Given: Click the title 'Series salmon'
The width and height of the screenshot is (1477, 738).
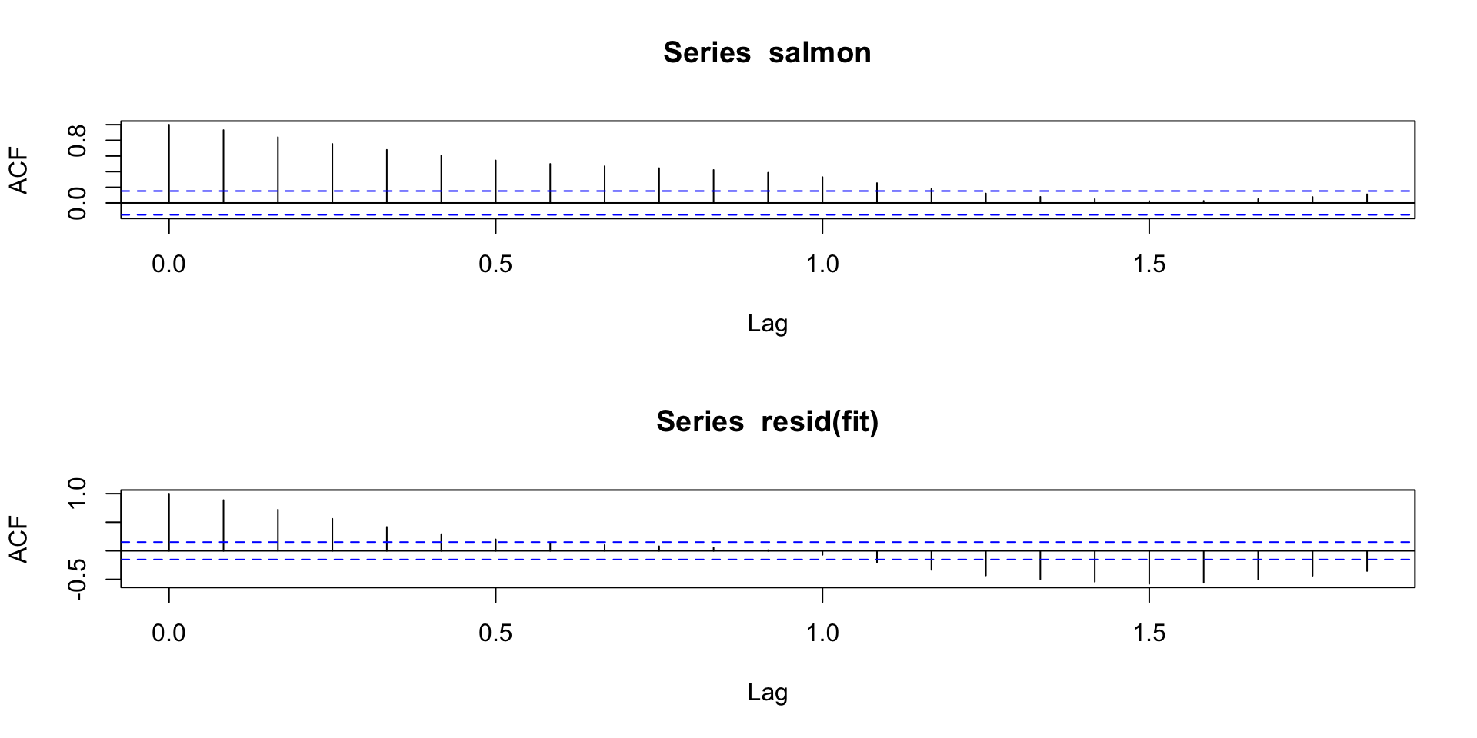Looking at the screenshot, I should [767, 53].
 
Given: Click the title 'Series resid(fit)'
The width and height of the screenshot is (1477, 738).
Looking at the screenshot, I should [767, 422].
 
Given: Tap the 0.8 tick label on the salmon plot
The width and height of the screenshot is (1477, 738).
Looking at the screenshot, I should [77, 140].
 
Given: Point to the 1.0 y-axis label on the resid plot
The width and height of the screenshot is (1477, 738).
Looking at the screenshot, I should [77, 493].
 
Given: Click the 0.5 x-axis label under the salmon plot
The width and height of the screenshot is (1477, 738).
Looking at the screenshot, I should [495, 265].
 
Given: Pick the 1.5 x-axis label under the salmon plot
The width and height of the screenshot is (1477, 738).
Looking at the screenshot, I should [1149, 265].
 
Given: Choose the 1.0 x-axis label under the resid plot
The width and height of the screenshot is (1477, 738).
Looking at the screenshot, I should [822, 633].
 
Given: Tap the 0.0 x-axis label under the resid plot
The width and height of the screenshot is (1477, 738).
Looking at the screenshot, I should [168, 633].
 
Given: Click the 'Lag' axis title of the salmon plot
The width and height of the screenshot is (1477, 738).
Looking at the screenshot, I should [767, 324].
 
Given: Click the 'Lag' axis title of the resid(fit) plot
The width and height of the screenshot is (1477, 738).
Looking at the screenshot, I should [767, 693].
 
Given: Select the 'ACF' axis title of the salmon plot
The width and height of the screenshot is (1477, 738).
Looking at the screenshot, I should [18, 171].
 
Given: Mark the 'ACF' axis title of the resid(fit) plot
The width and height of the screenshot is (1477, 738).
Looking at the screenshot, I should [18, 540].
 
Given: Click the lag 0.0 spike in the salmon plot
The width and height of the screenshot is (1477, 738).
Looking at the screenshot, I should [168, 163].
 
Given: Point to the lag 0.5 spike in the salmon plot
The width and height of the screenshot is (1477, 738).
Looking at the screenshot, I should [495, 181].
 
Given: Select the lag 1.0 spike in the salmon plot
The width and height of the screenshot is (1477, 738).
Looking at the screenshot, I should [822, 190].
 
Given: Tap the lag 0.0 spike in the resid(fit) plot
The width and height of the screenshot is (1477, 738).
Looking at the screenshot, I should [168, 522].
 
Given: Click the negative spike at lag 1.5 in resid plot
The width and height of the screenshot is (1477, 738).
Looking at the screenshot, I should [1149, 568].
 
